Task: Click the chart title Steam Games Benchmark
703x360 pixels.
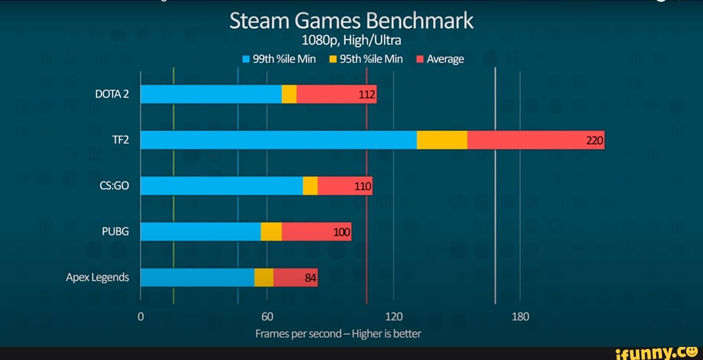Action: (351, 21)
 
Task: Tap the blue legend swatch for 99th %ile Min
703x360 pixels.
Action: (246, 59)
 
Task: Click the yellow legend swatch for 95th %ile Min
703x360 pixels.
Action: (332, 59)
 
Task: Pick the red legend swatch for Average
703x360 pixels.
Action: (420, 59)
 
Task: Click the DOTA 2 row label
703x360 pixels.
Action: (112, 94)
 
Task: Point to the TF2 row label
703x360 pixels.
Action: (120, 140)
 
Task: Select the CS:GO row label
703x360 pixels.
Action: (115, 186)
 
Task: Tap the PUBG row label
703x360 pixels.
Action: (116, 231)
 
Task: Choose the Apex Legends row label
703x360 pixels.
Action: (98, 277)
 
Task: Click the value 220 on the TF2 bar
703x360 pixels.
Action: (595, 141)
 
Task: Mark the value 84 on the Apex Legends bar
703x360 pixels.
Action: (310, 278)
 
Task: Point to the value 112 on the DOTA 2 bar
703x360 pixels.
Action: (367, 95)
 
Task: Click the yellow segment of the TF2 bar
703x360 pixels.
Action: (442, 140)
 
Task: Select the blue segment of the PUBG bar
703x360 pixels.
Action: (200, 231)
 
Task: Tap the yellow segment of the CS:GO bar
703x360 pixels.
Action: (310, 186)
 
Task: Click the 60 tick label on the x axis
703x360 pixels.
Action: (267, 317)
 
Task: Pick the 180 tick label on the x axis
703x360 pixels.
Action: (520, 317)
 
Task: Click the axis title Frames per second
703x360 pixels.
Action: (338, 333)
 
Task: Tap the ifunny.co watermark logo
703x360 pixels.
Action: (657, 352)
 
